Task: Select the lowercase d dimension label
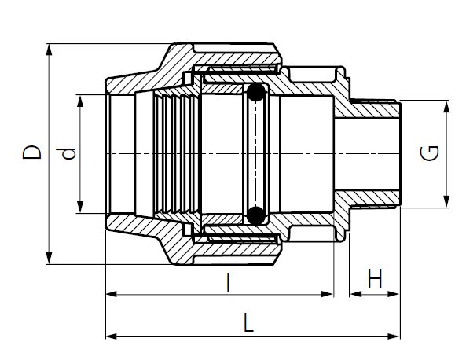point(70,154)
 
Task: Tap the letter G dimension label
point(430,153)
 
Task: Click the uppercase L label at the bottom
point(249,322)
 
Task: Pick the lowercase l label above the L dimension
point(229,281)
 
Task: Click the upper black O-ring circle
point(255,95)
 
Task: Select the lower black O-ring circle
point(255,214)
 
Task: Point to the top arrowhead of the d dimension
point(80,100)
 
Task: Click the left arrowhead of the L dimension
point(110,336)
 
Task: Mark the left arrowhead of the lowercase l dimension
point(110,295)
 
